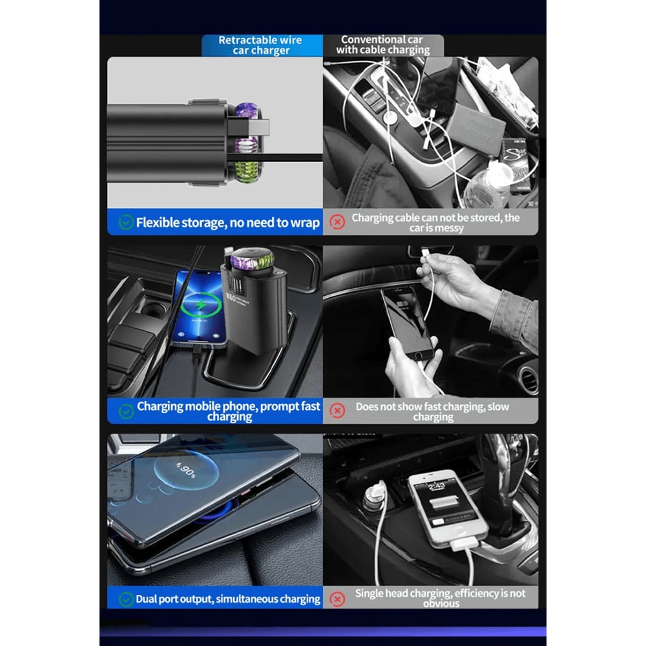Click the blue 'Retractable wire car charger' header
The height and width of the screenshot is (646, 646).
coord(261,45)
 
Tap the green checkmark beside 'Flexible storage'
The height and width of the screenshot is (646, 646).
coord(126,223)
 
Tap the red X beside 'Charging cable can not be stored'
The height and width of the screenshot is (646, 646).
coord(337,223)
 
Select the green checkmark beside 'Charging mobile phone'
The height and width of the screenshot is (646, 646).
coord(126,412)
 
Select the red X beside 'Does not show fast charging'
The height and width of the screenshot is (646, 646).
coord(337,411)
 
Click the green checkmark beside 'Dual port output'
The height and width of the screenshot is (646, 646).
coord(126,599)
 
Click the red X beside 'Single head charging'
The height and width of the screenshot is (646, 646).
coord(337,598)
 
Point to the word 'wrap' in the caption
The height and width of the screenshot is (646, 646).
coord(305,223)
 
